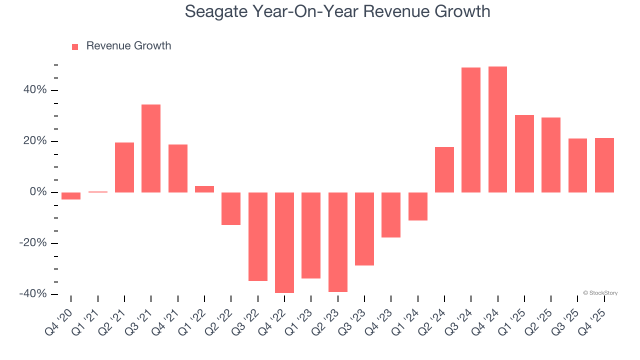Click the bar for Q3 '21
click(x=151, y=148)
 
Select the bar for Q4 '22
click(x=284, y=242)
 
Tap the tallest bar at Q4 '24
click(x=497, y=129)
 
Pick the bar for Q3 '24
click(x=471, y=130)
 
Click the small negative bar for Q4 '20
click(x=71, y=196)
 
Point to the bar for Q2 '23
click(x=338, y=242)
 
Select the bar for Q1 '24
click(x=418, y=206)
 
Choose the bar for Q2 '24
click(x=444, y=169)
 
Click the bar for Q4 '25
click(x=604, y=165)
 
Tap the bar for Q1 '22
click(x=204, y=189)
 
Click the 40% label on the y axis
click(x=34, y=90)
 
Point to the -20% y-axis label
click(x=33, y=243)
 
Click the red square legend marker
click(x=75, y=47)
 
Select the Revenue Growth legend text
click(x=128, y=46)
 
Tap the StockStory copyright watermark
click(x=600, y=293)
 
